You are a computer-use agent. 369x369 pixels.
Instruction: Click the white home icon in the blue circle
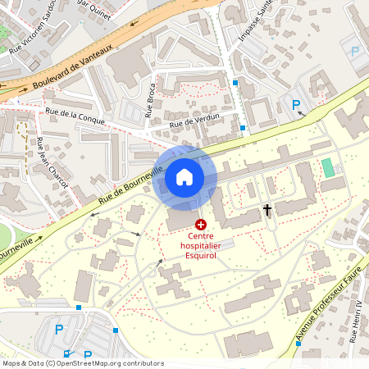tap(184, 177)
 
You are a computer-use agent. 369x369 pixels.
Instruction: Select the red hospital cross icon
tap(201, 223)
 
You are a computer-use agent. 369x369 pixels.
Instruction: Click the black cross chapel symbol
tap(266, 210)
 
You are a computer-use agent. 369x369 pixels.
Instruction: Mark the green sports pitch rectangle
tap(328, 167)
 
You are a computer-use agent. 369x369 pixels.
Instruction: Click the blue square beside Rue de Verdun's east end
tap(244, 127)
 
